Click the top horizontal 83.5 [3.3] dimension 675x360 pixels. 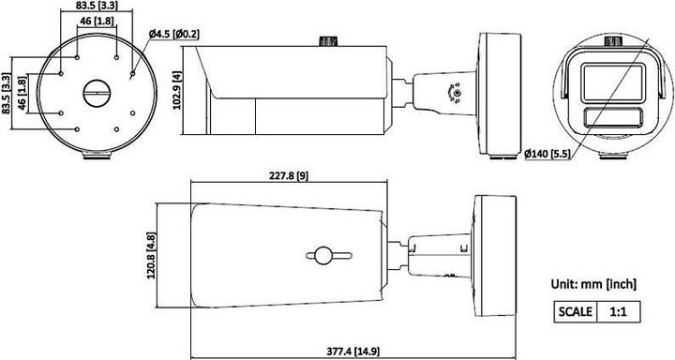coord(97,7)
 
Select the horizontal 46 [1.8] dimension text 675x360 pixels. coord(97,21)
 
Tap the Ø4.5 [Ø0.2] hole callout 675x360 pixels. coord(173,35)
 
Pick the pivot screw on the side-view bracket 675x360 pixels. coord(456,93)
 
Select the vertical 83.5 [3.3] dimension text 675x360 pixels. coord(7,94)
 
